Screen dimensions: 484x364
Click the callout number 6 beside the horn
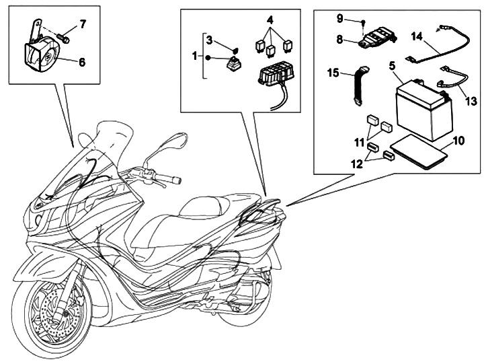point(82,62)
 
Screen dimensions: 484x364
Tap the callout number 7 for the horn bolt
point(83,24)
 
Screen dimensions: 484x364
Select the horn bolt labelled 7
point(64,38)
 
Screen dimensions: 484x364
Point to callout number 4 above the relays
point(270,20)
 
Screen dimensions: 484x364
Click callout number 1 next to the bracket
point(195,57)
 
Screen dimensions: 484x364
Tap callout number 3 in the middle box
point(210,40)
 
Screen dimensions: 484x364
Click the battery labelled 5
point(423,110)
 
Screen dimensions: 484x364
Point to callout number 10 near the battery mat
point(459,141)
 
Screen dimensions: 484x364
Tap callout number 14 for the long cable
point(416,37)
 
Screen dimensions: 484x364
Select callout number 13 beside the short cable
point(471,101)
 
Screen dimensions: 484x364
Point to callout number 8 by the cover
point(339,40)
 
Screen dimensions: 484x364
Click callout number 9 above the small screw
point(339,19)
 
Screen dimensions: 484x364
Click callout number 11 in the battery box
point(359,143)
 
